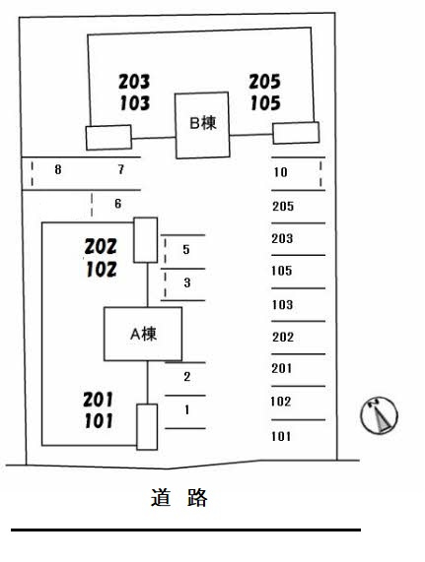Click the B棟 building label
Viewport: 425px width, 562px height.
coord(203,123)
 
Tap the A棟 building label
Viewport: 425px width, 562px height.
coord(143,334)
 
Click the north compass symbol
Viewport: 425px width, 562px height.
coord(379,415)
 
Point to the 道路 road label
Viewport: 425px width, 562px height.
coord(178,497)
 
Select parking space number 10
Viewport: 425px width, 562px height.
coord(281,172)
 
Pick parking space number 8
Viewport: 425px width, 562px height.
coord(58,169)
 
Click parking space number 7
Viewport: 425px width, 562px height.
coord(121,169)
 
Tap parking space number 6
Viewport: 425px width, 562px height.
coord(117,204)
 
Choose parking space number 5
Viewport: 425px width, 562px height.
coord(186,249)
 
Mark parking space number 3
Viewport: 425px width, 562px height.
coord(187,282)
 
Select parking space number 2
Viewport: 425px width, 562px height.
coord(187,377)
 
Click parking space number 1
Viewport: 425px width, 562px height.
coord(186,409)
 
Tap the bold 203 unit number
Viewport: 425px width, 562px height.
coord(134,82)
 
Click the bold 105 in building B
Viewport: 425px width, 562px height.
coord(265,103)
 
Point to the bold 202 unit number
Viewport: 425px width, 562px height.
coord(101,247)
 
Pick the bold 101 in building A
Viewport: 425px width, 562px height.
coord(99,421)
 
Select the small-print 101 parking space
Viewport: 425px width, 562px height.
coord(281,437)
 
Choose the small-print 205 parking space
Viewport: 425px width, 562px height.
coord(283,207)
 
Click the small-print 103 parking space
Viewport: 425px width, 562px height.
coord(282,305)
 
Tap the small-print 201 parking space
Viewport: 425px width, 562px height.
coord(282,368)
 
